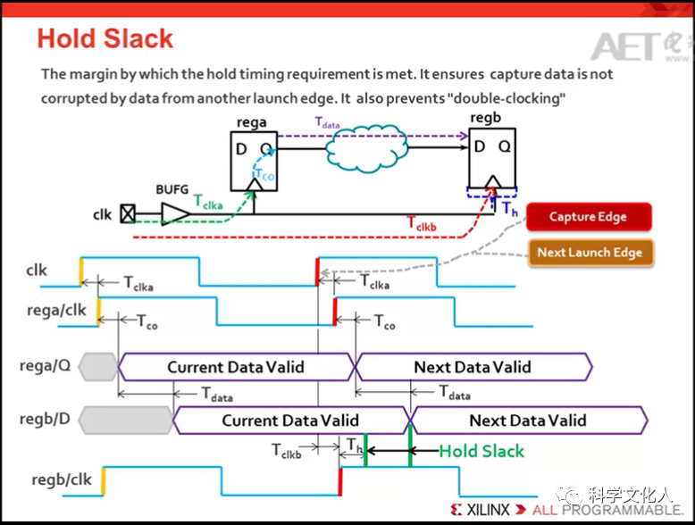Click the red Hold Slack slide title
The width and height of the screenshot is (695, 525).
(105, 39)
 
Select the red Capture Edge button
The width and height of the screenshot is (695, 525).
(588, 217)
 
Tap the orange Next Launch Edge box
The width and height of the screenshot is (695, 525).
(590, 253)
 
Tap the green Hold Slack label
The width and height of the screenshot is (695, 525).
(481, 451)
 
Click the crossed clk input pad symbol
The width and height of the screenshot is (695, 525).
(129, 214)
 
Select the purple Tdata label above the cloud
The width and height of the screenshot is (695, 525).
(331, 121)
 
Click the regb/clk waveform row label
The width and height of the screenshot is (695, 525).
(62, 479)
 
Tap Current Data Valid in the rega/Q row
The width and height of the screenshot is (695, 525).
(236, 366)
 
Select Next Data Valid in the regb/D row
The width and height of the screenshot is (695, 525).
(528, 420)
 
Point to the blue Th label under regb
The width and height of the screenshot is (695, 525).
(509, 210)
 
